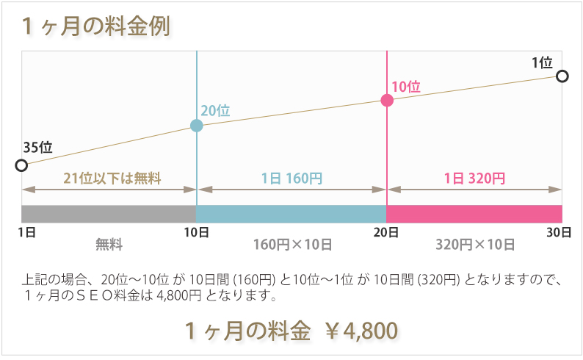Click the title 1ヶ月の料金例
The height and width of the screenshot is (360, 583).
tap(96, 26)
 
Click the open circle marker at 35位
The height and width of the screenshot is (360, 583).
tap(21, 165)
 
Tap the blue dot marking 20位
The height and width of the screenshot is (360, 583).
tap(196, 126)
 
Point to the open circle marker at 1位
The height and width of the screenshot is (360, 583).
tap(562, 76)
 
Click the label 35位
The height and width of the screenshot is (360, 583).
tap(37, 146)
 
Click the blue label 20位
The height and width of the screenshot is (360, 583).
tap(215, 110)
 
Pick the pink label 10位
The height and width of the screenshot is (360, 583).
tap(406, 86)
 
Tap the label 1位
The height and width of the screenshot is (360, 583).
tap(542, 62)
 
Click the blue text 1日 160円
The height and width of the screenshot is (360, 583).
tap(291, 178)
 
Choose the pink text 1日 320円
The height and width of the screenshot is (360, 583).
tap(474, 178)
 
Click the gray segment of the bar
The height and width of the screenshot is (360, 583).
tap(109, 214)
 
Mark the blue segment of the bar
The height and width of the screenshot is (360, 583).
tap(291, 214)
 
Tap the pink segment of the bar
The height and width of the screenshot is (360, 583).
tap(474, 214)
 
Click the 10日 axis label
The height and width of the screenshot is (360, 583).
tap(197, 232)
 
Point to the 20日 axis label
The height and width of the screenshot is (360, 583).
tap(387, 232)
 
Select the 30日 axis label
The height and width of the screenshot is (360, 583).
tap(560, 232)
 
